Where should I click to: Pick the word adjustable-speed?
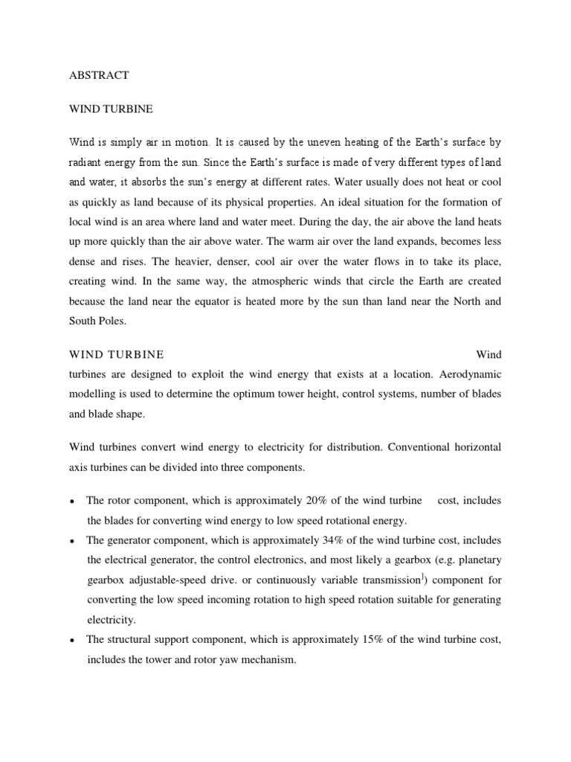tap(172, 579)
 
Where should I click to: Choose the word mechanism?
tap(270, 659)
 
